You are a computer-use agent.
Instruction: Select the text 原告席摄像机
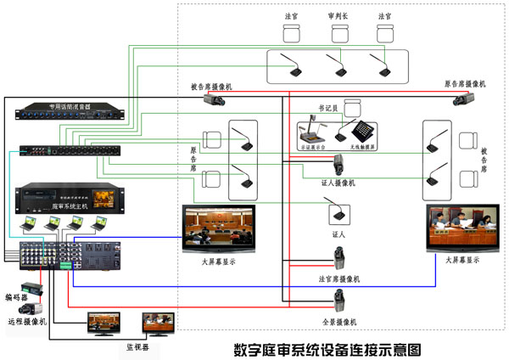tap(465, 85)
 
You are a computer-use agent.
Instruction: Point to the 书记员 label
tap(328, 109)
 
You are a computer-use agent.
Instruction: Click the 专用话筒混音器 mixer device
tap(70, 114)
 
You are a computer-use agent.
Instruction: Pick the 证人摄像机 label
tap(338, 183)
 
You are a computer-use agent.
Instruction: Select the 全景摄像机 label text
tap(338, 323)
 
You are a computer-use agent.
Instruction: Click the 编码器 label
tap(14, 298)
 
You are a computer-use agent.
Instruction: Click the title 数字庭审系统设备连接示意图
tap(327, 349)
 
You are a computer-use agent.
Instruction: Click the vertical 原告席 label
tap(193, 159)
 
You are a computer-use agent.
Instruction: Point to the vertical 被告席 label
tap(484, 159)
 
